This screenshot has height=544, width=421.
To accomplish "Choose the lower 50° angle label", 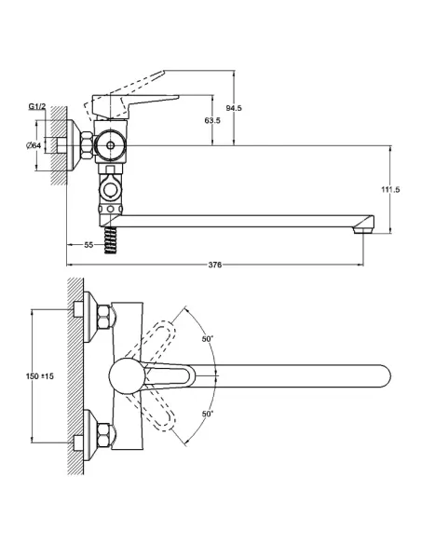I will [x=208, y=412].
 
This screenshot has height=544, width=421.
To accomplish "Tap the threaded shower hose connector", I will [x=111, y=237].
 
